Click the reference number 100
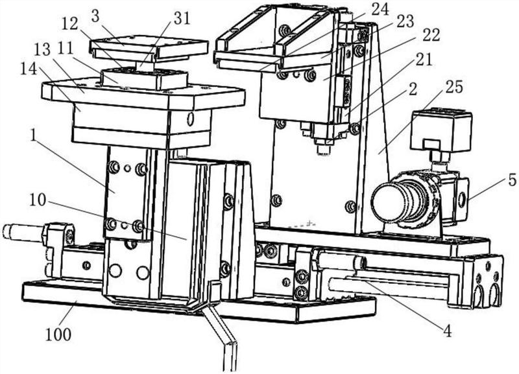58,334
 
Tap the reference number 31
182,19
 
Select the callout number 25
453,88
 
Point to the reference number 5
512,181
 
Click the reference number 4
447,331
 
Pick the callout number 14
28,69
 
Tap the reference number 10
38,200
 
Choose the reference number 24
380,8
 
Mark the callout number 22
430,34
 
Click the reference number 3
95,17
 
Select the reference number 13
42,50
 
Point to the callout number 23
405,21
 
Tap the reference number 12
70,25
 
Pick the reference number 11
64,50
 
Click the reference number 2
412,89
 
